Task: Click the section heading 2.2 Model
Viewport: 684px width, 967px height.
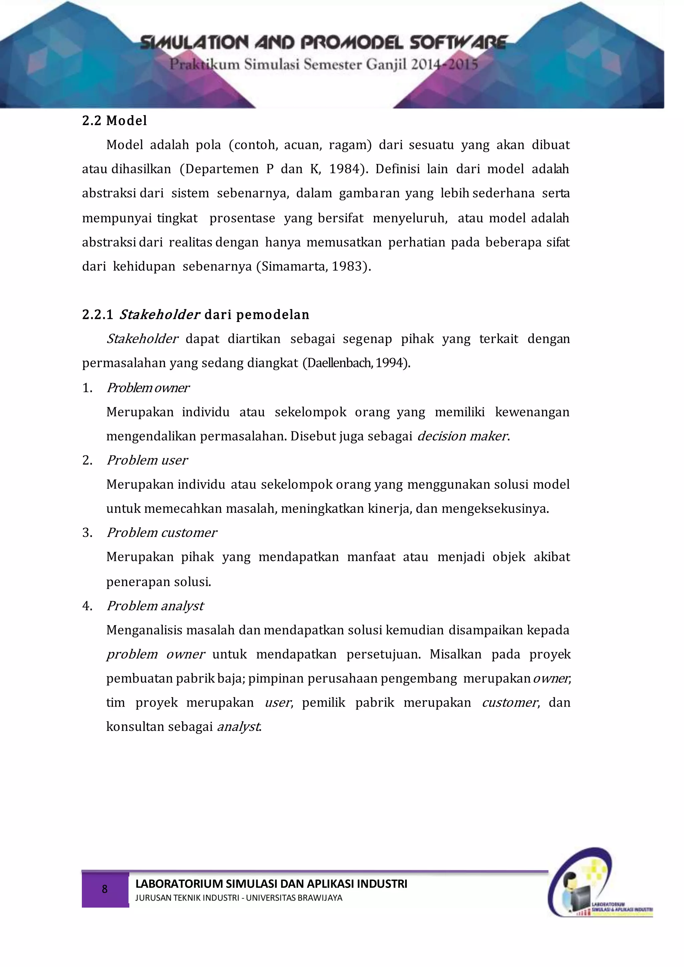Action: click(115, 121)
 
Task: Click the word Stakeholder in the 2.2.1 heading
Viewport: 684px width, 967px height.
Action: click(160, 315)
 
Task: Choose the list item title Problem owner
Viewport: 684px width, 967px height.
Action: click(148, 387)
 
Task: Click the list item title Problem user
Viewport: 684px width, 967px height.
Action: click(147, 460)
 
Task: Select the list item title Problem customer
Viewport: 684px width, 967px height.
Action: click(162, 533)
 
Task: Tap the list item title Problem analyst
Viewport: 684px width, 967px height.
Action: click(155, 606)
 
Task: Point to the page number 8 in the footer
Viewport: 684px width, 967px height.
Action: click(105, 889)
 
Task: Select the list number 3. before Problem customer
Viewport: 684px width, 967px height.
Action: click(87, 533)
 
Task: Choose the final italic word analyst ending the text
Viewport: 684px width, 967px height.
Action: click(238, 727)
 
